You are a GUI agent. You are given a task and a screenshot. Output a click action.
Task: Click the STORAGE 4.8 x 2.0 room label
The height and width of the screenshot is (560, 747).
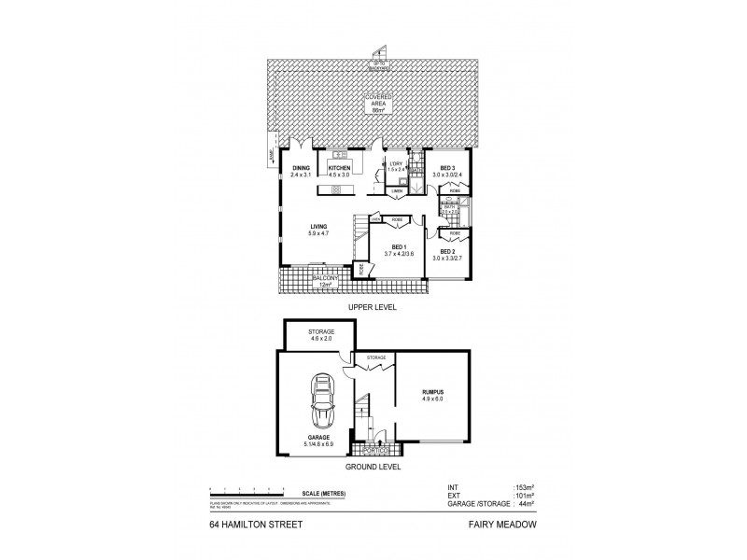(x=320, y=335)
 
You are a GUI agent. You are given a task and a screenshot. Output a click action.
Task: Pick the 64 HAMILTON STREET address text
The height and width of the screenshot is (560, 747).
(x=246, y=525)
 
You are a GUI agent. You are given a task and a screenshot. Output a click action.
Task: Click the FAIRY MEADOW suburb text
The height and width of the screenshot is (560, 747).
(x=505, y=525)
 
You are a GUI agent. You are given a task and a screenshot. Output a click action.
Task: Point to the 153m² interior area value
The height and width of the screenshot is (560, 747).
(x=524, y=486)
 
